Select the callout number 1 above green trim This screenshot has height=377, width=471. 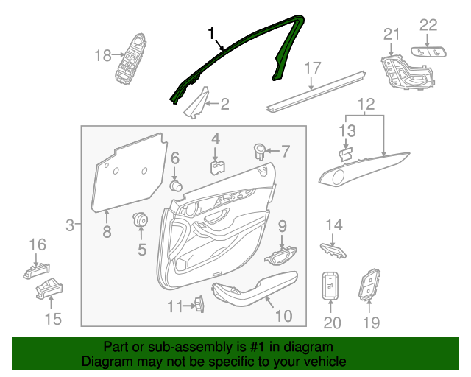(x=212, y=34)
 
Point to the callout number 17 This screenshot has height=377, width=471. (x=313, y=68)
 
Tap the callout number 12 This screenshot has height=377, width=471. (x=366, y=105)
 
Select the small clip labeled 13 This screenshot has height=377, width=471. (x=344, y=153)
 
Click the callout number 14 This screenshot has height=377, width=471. (x=334, y=224)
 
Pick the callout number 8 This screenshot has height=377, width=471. (x=107, y=233)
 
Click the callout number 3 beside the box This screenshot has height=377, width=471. (x=70, y=225)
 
